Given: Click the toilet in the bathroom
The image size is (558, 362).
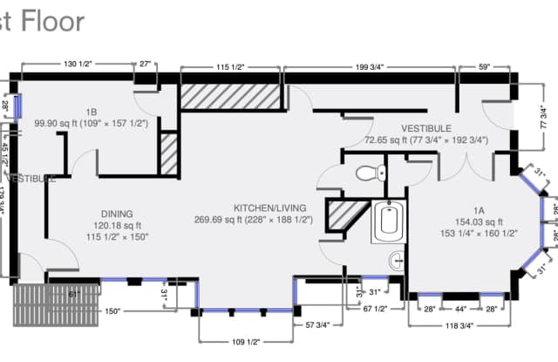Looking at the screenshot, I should tap(365, 171).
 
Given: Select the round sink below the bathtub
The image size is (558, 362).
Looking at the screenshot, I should tap(395, 259).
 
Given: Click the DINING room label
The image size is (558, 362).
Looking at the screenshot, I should tap(116, 214).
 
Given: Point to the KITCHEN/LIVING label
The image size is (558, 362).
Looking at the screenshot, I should tap(269, 208).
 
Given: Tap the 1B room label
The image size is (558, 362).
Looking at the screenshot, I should tap(91, 111).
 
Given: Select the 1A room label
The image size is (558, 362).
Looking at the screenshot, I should tap(479, 210).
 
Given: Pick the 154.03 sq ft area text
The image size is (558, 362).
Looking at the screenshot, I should tap(479, 222).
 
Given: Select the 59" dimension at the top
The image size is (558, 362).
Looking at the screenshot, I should tap(484, 65).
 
